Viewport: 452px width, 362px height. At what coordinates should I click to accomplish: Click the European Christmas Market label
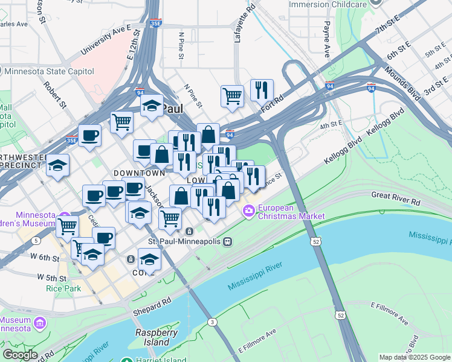pos(291,211)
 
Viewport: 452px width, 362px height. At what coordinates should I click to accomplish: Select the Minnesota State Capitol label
pos(49,71)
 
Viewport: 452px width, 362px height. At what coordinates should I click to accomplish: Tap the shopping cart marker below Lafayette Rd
pos(232,95)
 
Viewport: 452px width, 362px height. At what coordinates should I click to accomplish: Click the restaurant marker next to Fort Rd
pos(262,91)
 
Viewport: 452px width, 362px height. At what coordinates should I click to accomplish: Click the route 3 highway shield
pos(213,322)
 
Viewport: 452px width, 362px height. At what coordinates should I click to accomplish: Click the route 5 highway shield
pos(37,241)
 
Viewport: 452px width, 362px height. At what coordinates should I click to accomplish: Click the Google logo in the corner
pos(20,355)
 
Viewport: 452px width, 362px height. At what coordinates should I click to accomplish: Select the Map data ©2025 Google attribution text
pos(414,357)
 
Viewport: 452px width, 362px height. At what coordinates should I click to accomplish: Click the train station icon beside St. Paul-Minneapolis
pos(227,241)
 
